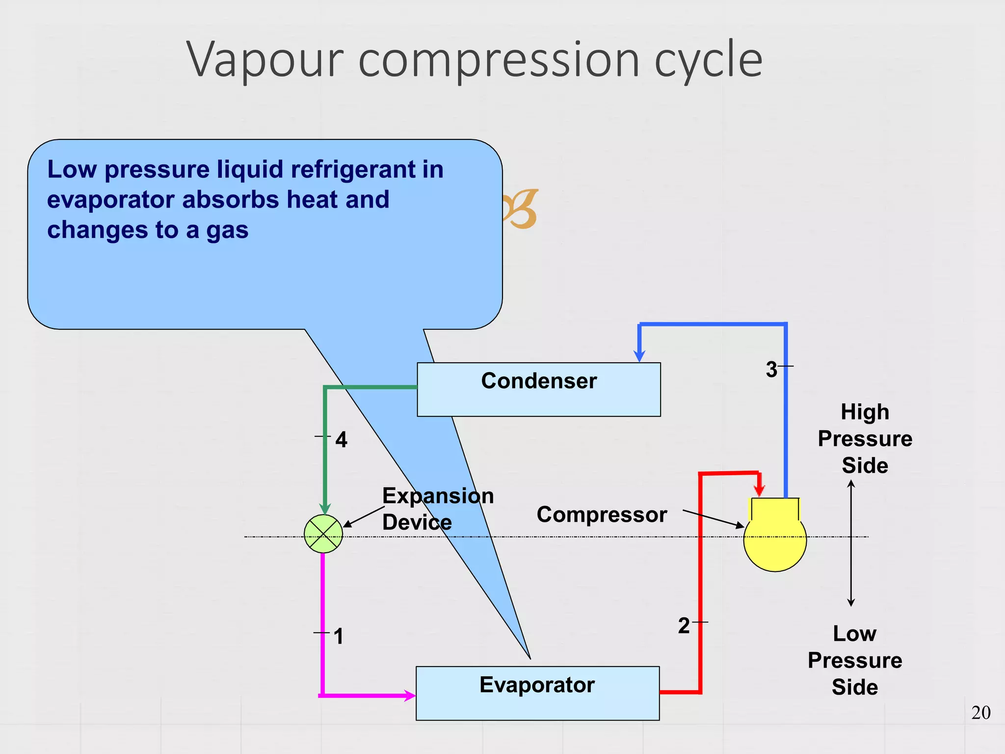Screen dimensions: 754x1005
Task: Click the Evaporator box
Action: coord(537,693)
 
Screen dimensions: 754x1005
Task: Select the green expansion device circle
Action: coord(323,534)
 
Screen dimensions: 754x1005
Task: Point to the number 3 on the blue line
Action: coord(771,369)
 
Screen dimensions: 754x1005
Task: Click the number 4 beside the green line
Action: coord(341,439)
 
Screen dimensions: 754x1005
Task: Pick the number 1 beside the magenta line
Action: coord(338,636)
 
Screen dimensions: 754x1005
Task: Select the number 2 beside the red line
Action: coord(684,626)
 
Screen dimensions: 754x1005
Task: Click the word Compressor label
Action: coord(602,514)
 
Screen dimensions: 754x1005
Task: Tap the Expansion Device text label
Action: coord(437,509)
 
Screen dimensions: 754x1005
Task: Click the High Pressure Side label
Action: coord(865,438)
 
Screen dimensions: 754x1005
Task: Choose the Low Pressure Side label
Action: coord(854,660)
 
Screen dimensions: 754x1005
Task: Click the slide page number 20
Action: coord(980,712)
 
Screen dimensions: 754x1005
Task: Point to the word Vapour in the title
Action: coord(264,60)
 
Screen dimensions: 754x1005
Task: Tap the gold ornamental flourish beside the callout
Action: coord(521,209)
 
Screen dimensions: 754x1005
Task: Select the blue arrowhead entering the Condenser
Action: coord(639,356)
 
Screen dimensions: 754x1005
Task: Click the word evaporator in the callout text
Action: coord(110,200)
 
